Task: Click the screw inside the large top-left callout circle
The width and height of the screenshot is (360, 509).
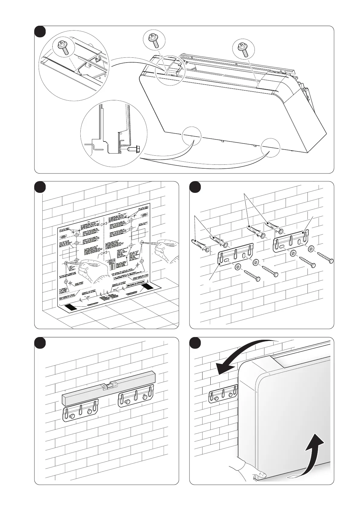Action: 64,47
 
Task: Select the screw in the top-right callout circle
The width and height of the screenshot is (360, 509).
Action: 244,49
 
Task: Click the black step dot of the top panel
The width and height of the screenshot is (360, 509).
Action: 40,32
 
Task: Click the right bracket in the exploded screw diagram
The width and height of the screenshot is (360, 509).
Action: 291,240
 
